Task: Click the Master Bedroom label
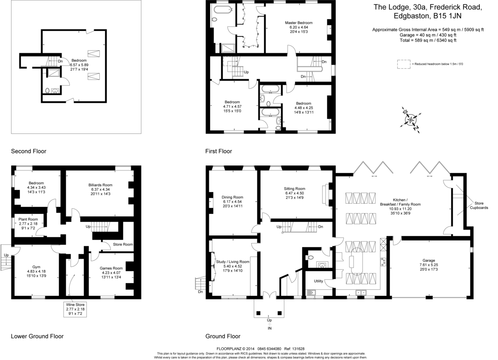click(298, 23)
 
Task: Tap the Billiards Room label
click(100, 185)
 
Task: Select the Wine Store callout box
click(75, 309)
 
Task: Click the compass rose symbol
click(410, 120)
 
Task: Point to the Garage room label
click(429, 260)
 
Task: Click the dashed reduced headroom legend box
click(404, 64)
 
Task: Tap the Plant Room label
click(28, 219)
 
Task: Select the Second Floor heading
click(29, 151)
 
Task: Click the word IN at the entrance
click(269, 328)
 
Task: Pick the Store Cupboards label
click(479, 206)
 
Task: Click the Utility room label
click(318, 281)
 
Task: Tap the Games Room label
click(111, 268)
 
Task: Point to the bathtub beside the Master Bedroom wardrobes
click(223, 10)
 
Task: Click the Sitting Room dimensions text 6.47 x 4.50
click(295, 193)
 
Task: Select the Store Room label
click(123, 244)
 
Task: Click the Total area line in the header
click(428, 40)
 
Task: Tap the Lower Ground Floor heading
click(37, 336)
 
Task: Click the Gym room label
click(37, 267)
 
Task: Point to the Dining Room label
click(232, 197)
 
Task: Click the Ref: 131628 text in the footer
click(294, 349)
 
